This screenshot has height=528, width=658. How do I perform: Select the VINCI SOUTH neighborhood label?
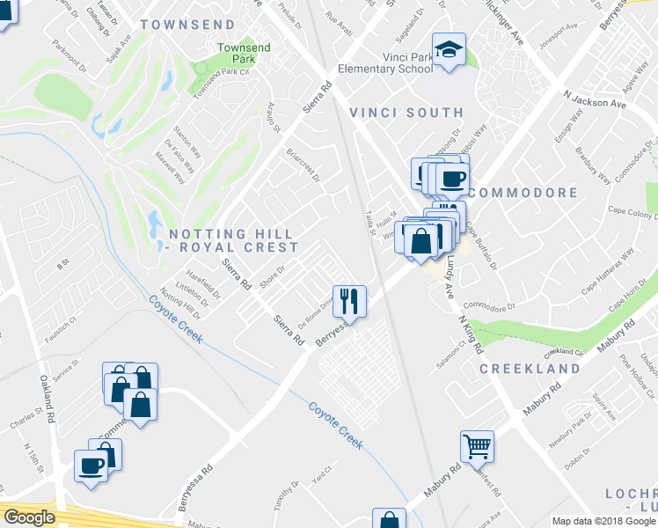click(x=406, y=113)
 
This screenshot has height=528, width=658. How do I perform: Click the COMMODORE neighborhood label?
click(x=523, y=193)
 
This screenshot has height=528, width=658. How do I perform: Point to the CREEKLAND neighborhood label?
click(x=530, y=369)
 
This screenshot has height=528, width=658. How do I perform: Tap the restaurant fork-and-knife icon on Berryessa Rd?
click(x=349, y=301)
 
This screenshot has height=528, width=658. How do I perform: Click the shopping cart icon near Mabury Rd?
click(x=477, y=445)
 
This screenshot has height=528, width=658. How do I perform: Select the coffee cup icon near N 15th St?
click(x=91, y=464)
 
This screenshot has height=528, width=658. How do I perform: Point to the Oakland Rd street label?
click(x=46, y=396)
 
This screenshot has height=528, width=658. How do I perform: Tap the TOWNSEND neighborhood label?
click(x=187, y=25)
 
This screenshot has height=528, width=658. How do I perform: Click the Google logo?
click(x=29, y=517)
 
